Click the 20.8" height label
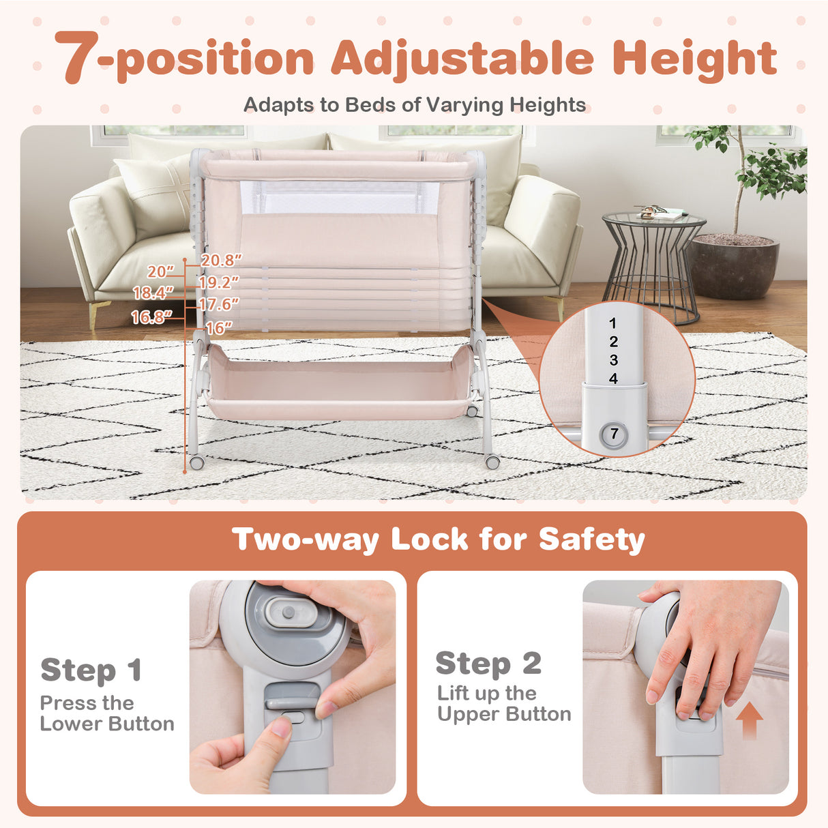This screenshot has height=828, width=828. [x=222, y=260]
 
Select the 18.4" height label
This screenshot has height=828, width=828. [x=153, y=293]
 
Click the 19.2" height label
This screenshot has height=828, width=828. [x=220, y=282]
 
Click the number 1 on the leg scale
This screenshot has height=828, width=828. [x=612, y=323]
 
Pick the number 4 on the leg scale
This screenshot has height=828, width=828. [x=613, y=379]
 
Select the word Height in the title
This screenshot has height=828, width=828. [x=694, y=60]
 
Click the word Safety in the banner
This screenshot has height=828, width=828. [x=591, y=539]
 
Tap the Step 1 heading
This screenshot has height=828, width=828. [x=91, y=670]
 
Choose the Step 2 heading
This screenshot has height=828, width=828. [x=488, y=663]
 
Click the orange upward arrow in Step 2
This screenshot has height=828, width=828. [x=750, y=721]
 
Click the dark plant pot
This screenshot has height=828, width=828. [x=733, y=267]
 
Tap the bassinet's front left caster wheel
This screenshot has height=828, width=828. [x=197, y=462]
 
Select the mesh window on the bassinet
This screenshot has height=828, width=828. [x=339, y=197]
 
